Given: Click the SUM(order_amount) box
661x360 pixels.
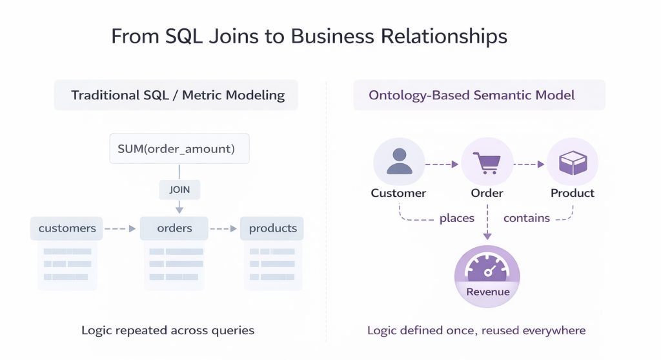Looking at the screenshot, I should pos(179,148).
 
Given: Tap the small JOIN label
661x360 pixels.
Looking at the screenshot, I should pos(179,190).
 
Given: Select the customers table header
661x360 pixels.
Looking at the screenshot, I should pos(66,228).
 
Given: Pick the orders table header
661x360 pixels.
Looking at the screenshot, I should pos(174,228).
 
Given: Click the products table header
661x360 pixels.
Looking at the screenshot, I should pos(272,228).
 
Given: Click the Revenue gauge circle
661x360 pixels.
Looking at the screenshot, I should pos(487,276).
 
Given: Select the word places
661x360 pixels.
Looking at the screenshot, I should pos(456,218).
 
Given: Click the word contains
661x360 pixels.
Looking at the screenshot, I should pos(526,218).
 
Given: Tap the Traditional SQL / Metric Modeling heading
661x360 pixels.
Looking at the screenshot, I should pos(178,95).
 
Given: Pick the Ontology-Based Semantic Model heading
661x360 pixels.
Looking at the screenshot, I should pos(472,95).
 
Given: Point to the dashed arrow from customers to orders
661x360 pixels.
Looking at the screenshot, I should pos(121,228).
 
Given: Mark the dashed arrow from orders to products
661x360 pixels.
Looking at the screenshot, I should pos(224,228).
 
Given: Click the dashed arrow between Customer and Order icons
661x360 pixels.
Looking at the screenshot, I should pos(442,164).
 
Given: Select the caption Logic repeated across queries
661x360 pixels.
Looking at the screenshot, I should pos(168,330).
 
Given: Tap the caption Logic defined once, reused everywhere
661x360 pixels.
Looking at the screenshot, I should pos(476,330).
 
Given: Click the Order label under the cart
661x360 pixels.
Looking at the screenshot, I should pos(487,193).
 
